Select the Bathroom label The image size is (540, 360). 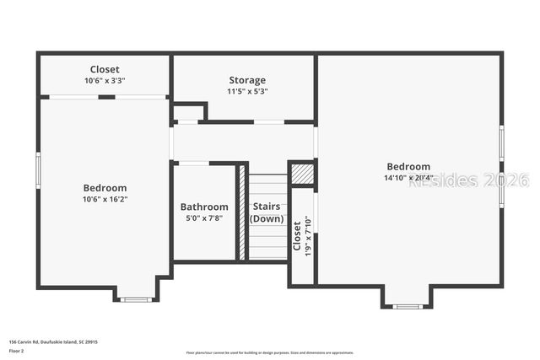click(x=204, y=207)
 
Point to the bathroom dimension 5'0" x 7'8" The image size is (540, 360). click(x=204, y=218)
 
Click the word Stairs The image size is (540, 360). click(x=267, y=207)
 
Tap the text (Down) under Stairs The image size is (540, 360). click(x=267, y=218)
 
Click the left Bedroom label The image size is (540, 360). click(x=105, y=188)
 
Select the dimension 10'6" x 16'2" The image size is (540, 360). click(x=105, y=199)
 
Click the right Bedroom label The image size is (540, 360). click(x=408, y=167)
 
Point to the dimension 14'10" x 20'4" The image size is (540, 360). click(x=408, y=178)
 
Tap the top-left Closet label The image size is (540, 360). click(x=105, y=69)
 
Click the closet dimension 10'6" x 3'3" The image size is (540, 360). click(x=105, y=80)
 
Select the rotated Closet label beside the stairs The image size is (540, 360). click(x=297, y=236)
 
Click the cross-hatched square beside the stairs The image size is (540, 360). click(x=302, y=173)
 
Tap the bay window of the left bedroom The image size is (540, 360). click(x=135, y=298)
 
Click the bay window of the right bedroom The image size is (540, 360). click(x=408, y=305)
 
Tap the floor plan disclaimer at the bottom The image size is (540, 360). click(x=270, y=352)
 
